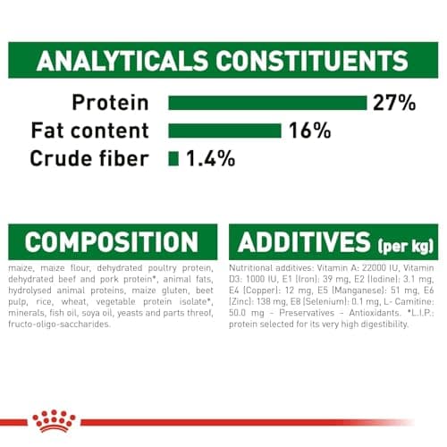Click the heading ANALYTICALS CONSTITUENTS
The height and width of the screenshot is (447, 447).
coord(223,62)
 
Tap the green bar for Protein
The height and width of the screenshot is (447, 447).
coord(267,103)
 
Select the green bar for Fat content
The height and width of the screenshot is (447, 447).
coord(225,131)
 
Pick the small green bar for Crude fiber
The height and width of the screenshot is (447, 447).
coord(173,159)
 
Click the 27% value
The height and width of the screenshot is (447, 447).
coord(395,102)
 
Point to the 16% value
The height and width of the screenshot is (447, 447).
coord(308,131)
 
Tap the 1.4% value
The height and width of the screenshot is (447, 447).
coord(210,159)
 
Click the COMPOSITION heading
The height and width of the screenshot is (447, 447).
coord(111,241)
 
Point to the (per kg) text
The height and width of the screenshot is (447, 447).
coord(407,244)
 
